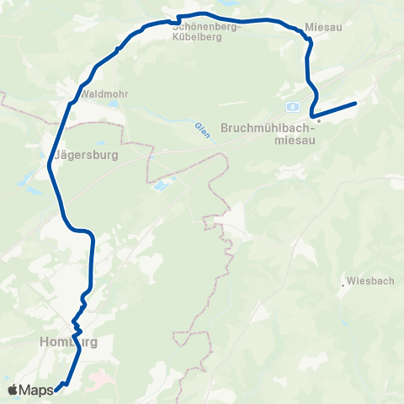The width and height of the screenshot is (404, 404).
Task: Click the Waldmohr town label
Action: [105, 93]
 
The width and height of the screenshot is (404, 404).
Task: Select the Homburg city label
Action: [68, 343]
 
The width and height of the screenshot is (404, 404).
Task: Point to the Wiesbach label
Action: [369, 282]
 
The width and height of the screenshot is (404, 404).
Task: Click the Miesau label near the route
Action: [323, 26]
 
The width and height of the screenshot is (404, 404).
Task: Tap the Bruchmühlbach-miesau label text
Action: [266, 135]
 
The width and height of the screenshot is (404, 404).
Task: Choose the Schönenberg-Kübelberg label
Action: [207, 31]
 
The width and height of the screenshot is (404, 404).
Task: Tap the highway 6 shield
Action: [291, 107]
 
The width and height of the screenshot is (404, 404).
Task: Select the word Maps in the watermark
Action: [36, 390]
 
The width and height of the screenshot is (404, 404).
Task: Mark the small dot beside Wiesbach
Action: [343, 286]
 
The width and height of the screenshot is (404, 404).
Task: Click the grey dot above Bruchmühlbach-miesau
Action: [319, 120]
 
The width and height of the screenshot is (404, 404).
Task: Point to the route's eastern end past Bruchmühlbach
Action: [356, 103]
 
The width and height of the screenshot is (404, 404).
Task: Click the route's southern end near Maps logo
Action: [57, 388]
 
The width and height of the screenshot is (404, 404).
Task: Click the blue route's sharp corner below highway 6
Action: [311, 114]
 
